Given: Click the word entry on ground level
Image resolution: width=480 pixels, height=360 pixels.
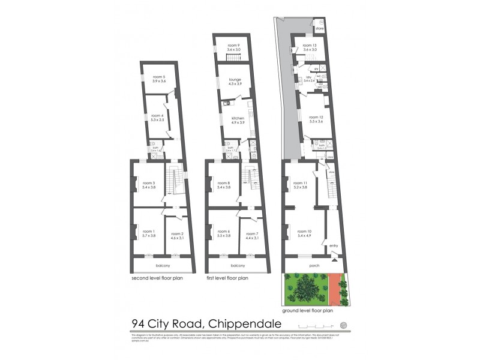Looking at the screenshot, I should (x=333, y=245).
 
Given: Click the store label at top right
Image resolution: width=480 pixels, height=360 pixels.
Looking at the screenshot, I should (x=319, y=28).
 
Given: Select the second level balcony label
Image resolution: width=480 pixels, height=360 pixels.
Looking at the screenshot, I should (x=163, y=265).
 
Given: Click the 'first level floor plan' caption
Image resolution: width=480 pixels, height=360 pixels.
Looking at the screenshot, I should (x=228, y=278).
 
